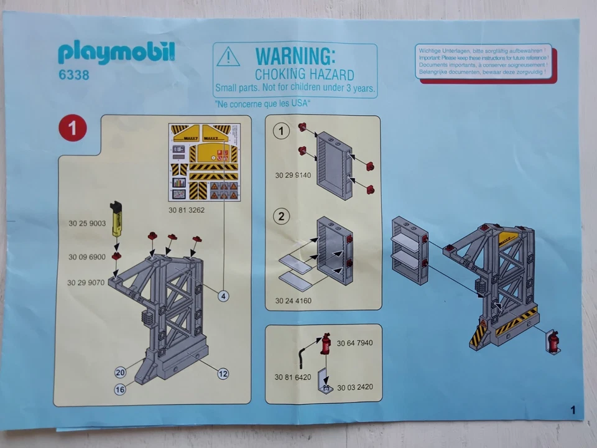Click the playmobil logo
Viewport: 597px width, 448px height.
[116, 53]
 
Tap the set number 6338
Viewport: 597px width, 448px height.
[74, 75]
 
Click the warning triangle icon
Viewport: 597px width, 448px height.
[228, 58]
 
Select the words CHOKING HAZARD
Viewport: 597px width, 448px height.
[296, 75]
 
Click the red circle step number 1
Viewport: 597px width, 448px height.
[72, 128]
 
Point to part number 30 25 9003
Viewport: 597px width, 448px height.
[86, 223]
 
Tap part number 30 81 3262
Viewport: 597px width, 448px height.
[186, 210]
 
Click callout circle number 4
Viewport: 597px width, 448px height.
[224, 296]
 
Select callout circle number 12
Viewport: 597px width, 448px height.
[223, 374]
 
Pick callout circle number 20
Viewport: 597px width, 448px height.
[121, 372]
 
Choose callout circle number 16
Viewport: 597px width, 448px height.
[121, 390]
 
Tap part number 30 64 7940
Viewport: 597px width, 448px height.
[354, 343]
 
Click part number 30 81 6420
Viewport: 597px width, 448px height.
[292, 377]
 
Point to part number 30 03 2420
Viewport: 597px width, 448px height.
[354, 387]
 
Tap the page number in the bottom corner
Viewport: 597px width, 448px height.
[572, 409]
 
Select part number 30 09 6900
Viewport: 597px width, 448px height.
[86, 256]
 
